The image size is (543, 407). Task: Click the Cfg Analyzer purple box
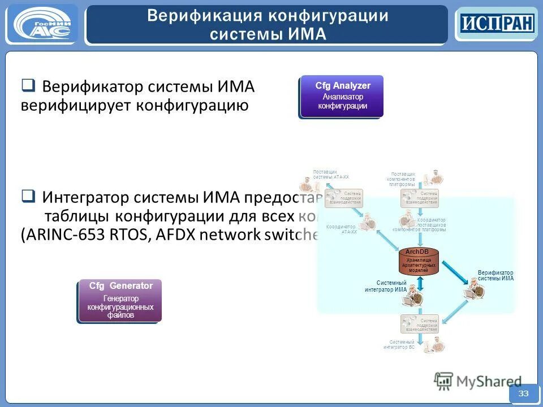click(x=342, y=96)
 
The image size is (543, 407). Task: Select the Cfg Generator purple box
click(x=120, y=301)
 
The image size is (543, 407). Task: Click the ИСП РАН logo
click(x=496, y=24)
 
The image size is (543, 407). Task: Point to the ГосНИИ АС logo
click(x=42, y=24)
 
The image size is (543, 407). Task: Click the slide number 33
click(x=523, y=393)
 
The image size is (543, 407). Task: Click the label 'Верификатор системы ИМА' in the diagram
click(x=495, y=275)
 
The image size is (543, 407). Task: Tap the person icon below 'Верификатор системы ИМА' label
click(x=473, y=290)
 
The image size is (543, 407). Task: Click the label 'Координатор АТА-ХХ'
click(x=342, y=230)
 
